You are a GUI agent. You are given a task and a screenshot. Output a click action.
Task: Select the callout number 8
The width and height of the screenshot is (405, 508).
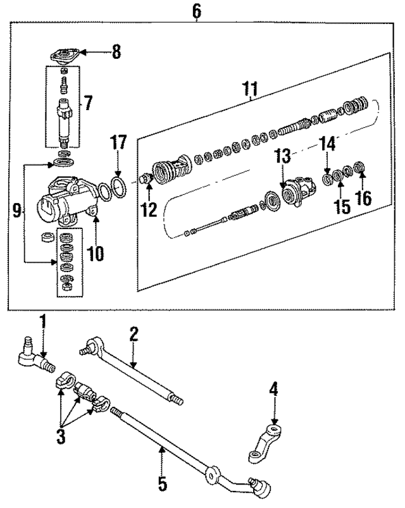pyautogui.click(x=116, y=52)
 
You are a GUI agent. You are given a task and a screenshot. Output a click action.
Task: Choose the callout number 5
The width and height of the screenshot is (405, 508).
pyautogui.click(x=162, y=485)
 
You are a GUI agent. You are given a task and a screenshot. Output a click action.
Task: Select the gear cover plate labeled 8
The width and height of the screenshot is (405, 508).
pyautogui.click(x=63, y=55)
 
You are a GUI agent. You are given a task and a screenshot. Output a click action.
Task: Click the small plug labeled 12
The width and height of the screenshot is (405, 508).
pyautogui.click(x=146, y=180)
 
